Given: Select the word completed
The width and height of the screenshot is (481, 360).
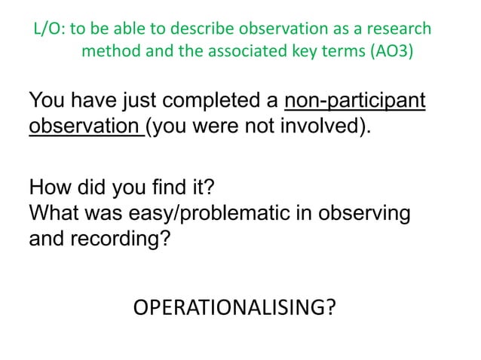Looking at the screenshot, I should (216, 101).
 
